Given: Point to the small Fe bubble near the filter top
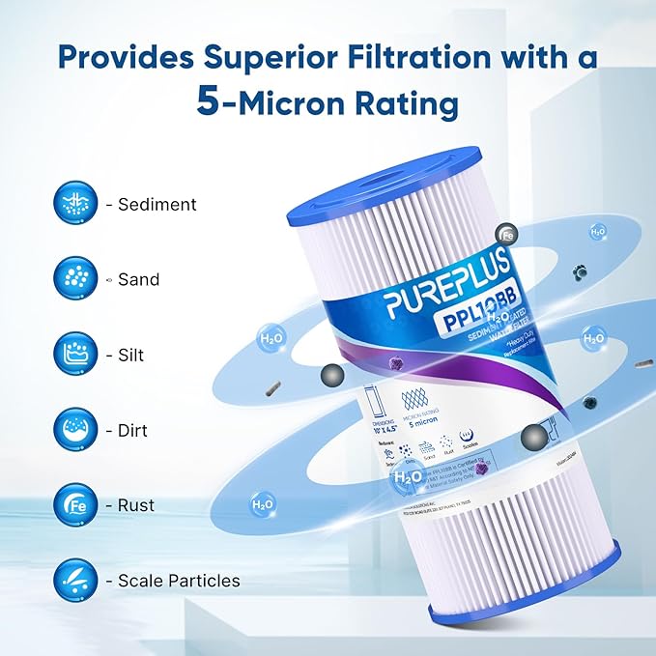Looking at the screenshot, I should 502,232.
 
